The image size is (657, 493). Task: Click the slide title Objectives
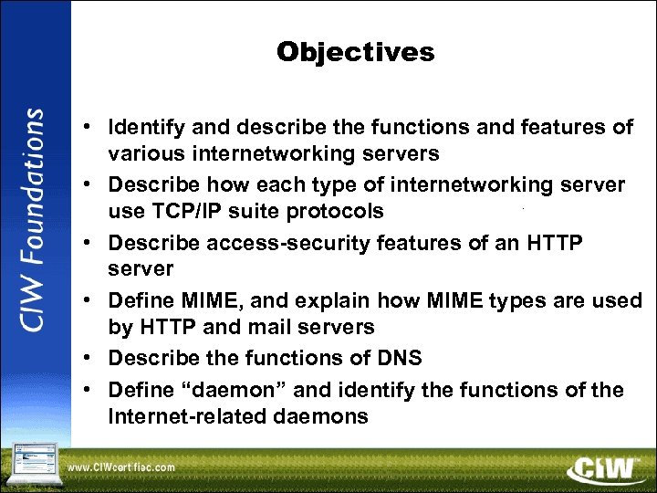pos(356,52)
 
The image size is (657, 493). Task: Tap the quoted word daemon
pos(215,390)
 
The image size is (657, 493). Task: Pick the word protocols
pos(336,212)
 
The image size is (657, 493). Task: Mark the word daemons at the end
pos(324,417)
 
